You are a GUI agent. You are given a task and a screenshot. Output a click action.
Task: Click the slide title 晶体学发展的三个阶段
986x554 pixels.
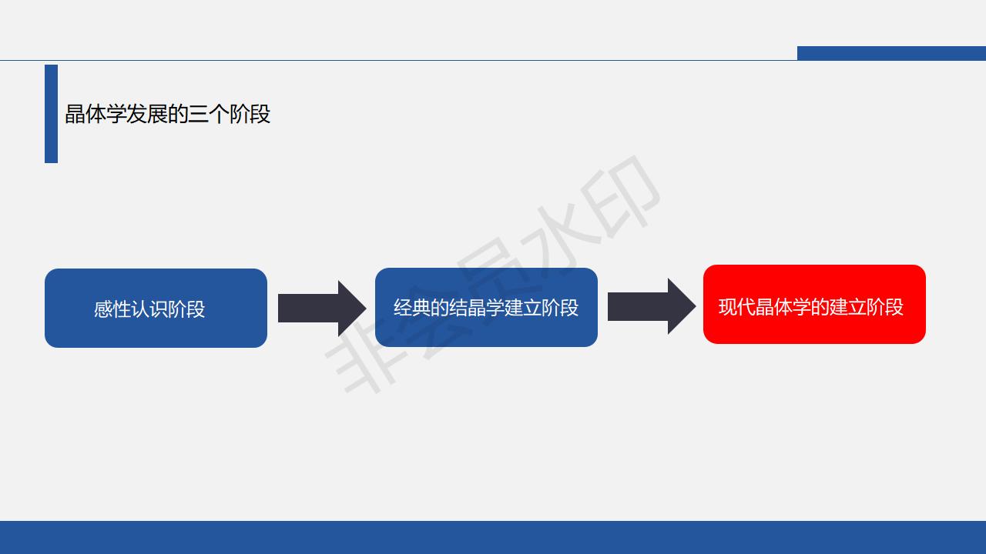click(x=167, y=115)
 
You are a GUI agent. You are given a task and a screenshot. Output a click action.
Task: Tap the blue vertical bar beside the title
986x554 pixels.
click(x=51, y=114)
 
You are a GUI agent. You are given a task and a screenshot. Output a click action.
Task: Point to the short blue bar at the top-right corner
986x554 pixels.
click(x=891, y=53)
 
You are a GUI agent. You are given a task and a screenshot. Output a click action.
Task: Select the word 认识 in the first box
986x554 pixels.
click(x=149, y=309)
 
